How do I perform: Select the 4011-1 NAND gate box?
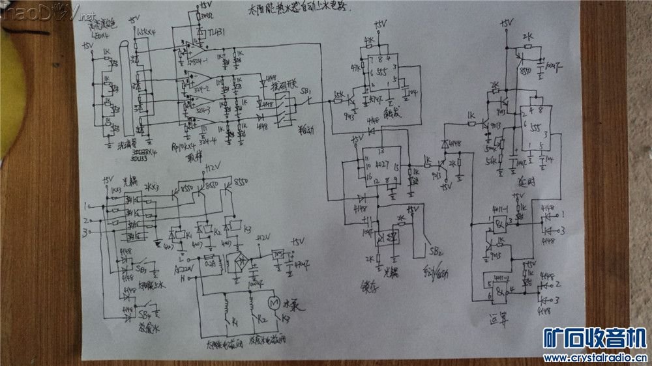498,223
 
